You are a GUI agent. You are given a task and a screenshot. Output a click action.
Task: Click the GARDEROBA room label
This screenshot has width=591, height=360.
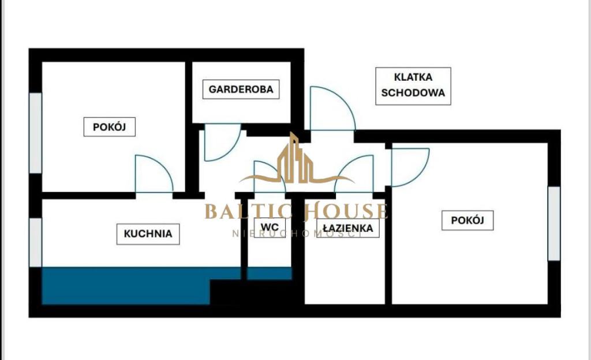coord(241,89)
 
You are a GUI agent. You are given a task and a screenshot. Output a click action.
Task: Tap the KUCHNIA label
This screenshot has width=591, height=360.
coord(148,234)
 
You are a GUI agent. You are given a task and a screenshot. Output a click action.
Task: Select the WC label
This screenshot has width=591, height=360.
coord(270,227)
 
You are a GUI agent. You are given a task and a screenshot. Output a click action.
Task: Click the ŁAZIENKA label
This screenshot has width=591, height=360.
coord(348,228)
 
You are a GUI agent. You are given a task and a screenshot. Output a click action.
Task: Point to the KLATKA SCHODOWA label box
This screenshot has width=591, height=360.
coord(413,86)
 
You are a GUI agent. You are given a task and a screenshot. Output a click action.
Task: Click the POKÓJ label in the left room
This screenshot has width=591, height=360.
coord(109,127)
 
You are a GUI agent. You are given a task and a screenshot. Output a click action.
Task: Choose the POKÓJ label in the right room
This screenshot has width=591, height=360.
coord(467,220)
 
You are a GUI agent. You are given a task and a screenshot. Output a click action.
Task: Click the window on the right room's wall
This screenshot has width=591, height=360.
coord(554,223)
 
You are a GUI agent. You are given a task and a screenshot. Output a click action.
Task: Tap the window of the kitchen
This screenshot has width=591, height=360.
coord(35,242)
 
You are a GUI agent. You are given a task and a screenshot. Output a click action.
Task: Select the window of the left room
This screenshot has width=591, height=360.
coord(35,133)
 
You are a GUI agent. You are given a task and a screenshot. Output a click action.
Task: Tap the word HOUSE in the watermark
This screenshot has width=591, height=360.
coord(346,211)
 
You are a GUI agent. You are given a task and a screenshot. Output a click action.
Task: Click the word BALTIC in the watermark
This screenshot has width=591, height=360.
coord(249,211)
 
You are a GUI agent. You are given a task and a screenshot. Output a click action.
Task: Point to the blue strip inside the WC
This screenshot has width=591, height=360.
coord(270,273)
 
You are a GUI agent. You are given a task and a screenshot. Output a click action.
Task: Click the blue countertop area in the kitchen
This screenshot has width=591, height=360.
coord(126,286)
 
